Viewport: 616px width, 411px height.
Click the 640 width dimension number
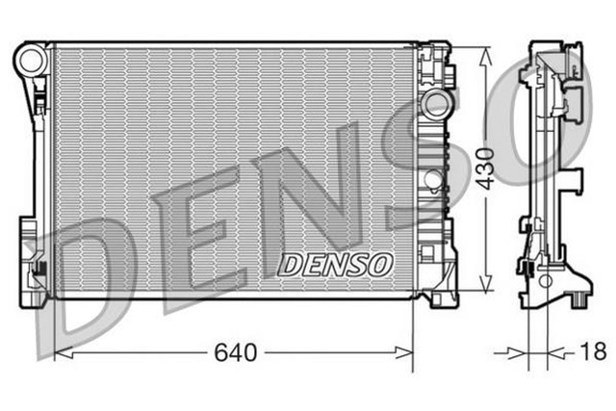click(235, 353)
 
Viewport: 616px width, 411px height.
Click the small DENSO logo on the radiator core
click(335, 262)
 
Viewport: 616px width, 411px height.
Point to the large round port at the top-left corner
click(32, 60)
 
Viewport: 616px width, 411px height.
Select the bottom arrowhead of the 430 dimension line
click(488, 287)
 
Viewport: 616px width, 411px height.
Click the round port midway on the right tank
click(432, 178)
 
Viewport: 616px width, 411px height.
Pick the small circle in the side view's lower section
click(547, 281)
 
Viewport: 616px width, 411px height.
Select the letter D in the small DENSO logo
click(290, 262)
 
